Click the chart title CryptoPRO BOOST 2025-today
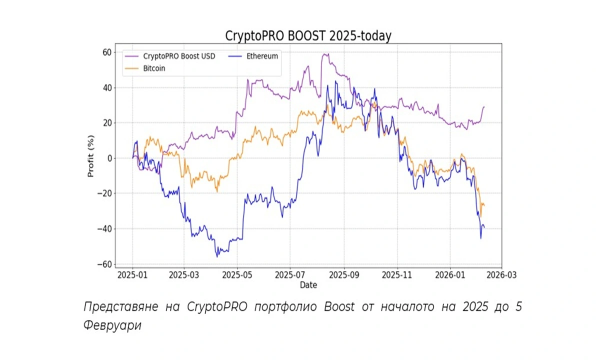click(x=308, y=36)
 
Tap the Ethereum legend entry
click(x=260, y=56)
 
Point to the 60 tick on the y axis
click(x=106, y=52)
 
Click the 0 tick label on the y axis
click(x=109, y=158)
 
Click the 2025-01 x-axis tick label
click(x=132, y=275)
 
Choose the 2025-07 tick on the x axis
click(x=290, y=275)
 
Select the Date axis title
click(x=308, y=285)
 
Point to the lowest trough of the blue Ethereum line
click(x=217, y=256)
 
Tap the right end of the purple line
click(x=484, y=106)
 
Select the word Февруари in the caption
click(x=112, y=325)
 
